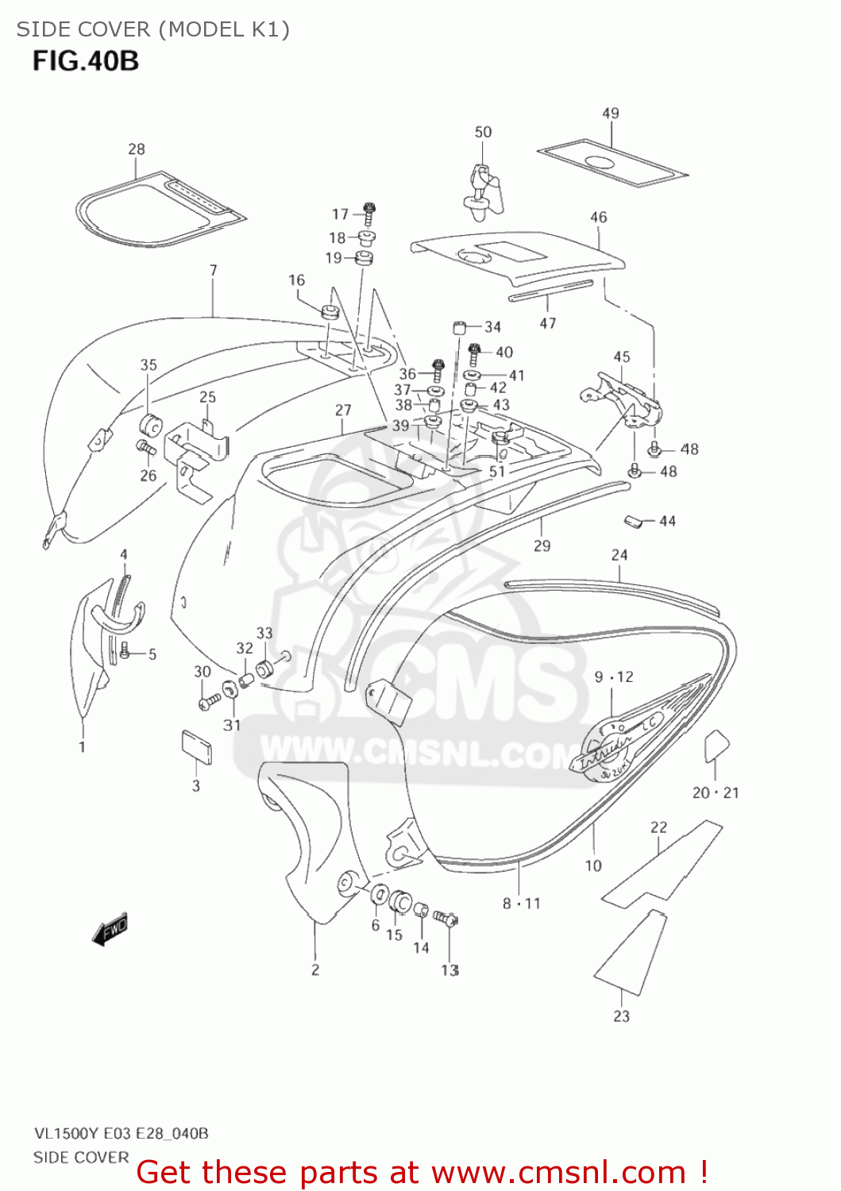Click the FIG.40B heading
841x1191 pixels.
(86, 61)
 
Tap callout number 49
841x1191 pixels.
(610, 114)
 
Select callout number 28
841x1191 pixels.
(137, 149)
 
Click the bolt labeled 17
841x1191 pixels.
(369, 212)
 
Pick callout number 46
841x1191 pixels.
(598, 217)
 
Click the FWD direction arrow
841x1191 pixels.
(110, 930)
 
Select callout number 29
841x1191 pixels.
(542, 545)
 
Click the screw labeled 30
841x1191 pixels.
(210, 701)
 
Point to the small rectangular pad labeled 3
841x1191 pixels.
(196, 747)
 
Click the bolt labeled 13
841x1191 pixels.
(446, 920)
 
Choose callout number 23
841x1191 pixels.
(621, 1016)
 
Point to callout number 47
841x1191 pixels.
(548, 323)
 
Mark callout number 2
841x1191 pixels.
(315, 969)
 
